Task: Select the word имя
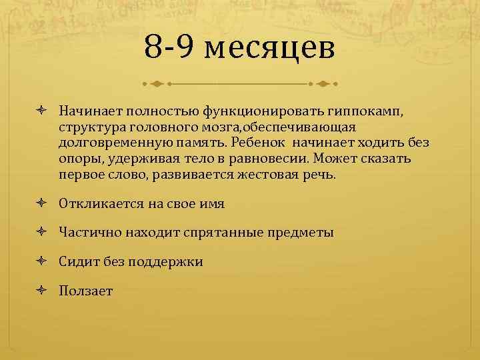[x=213, y=204]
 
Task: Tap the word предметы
[x=295, y=233]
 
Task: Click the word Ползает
[x=86, y=291]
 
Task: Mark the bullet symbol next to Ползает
[x=42, y=291]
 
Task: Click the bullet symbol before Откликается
[x=42, y=204]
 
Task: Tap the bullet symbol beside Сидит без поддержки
[x=42, y=261]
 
